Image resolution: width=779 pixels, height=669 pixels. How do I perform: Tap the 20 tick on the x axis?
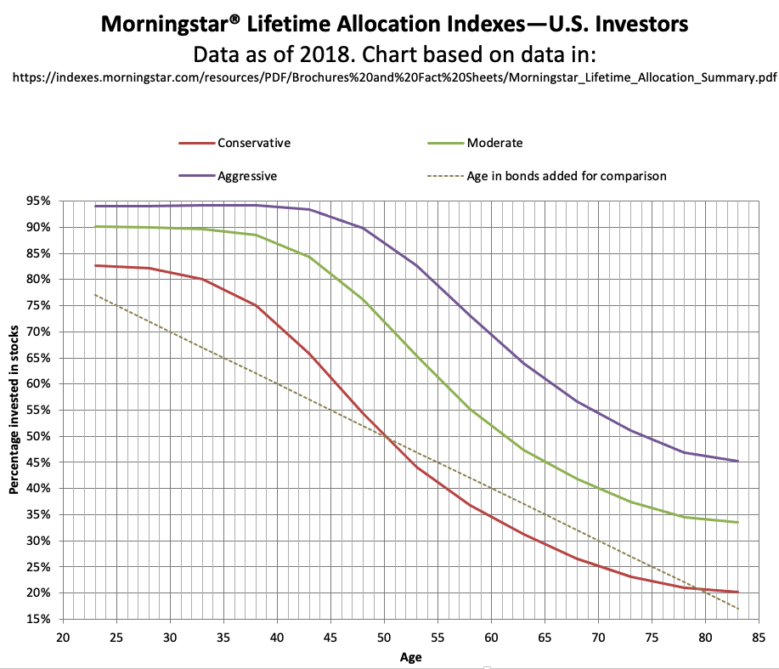63,637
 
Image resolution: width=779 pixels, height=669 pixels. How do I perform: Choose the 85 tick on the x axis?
760,637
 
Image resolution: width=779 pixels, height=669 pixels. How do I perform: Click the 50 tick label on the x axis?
383,637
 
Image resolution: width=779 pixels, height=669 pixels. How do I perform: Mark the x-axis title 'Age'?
411,657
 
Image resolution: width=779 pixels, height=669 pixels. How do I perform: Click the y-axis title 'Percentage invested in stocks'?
14,410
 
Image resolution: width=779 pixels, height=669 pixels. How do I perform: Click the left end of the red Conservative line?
95,265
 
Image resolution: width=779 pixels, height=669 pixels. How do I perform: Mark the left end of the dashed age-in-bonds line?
95,295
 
